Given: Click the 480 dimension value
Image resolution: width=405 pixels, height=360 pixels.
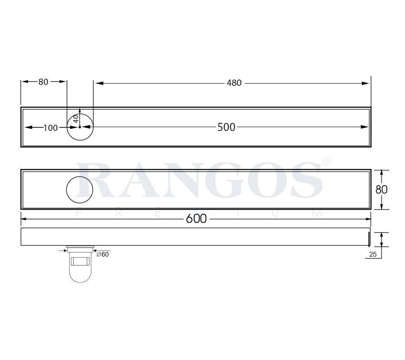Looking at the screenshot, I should pyautogui.click(x=234, y=83).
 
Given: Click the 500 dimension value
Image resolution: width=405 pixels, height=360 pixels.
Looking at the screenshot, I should pyautogui.click(x=226, y=127).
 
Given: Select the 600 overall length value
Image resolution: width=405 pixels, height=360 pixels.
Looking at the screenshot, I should pyautogui.click(x=196, y=219).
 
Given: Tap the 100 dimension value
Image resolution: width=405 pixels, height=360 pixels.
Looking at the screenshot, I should pyautogui.click(x=51, y=128).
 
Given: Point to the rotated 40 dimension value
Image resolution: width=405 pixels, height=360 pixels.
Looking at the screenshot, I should pyautogui.click(x=76, y=118).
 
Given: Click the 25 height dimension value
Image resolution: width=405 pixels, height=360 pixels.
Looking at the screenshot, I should pyautogui.click(x=373, y=254).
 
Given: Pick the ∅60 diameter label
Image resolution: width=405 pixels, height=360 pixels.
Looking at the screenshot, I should pyautogui.click(x=103, y=254).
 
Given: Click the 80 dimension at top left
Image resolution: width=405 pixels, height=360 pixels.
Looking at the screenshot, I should pyautogui.click(x=43, y=82).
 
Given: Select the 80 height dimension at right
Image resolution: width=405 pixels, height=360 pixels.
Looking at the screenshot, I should pyautogui.click(x=381, y=189).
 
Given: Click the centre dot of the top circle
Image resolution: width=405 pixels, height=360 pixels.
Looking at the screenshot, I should pyautogui.click(x=80, y=127).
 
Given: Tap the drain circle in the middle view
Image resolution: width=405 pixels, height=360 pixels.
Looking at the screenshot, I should pyautogui.click(x=80, y=190).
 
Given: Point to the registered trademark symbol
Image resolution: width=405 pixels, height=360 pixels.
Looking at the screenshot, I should pyautogui.click(x=327, y=161).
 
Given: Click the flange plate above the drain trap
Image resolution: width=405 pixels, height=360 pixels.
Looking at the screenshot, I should pyautogui.click(x=80, y=248).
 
